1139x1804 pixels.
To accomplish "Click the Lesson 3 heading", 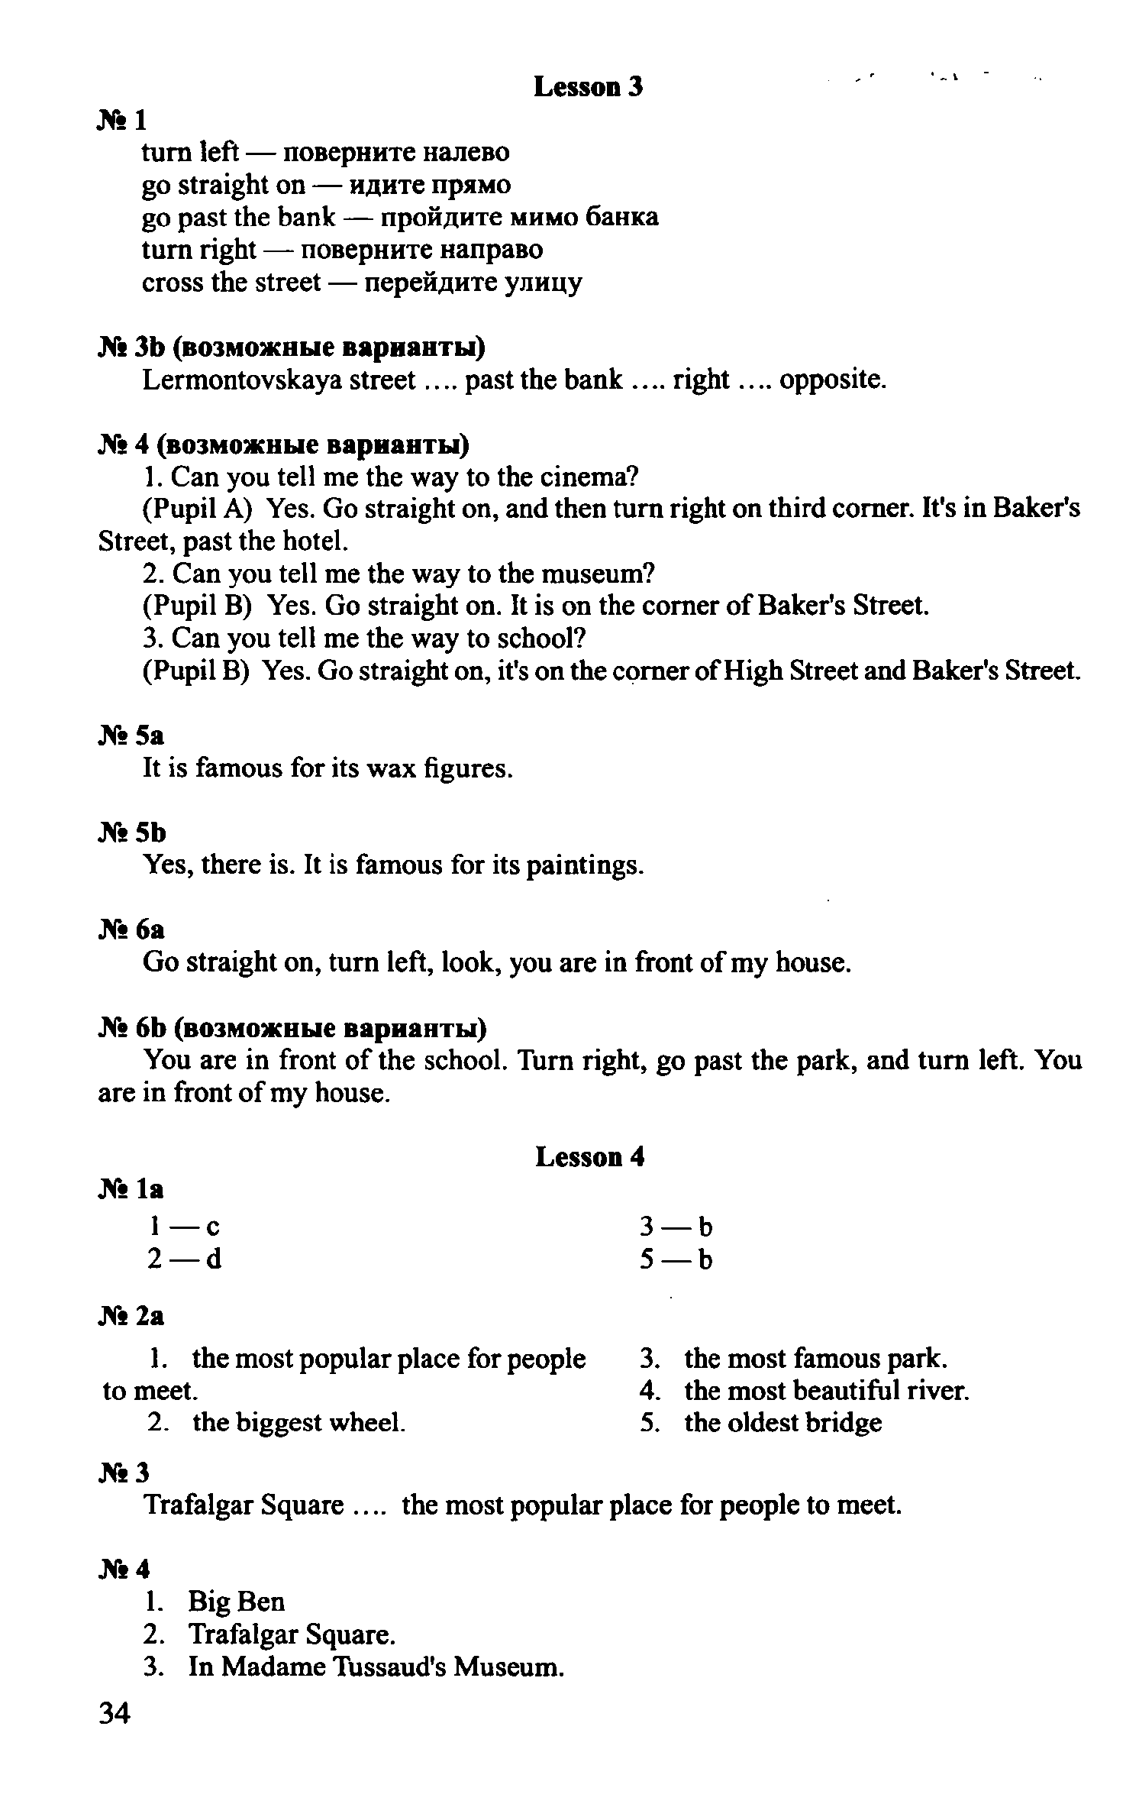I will [x=588, y=87].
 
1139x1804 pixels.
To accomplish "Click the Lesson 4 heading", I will [x=589, y=1157].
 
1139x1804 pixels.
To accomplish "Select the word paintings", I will [x=584, y=865].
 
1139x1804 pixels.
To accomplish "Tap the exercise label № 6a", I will [x=131, y=929].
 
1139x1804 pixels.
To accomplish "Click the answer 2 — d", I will [x=185, y=1259].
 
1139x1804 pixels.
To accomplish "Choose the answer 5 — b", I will [x=676, y=1259].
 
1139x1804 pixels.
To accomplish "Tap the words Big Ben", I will [x=236, y=1601].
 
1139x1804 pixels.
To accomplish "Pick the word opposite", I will [x=832, y=380].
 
